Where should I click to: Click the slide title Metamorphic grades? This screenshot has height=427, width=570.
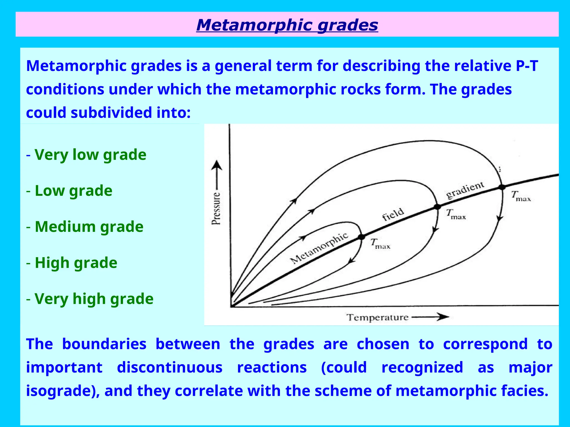click(287, 25)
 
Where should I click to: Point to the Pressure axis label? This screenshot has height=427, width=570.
click(216, 208)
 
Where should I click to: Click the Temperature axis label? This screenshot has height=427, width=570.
click(377, 317)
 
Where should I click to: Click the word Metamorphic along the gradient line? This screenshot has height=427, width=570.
click(319, 248)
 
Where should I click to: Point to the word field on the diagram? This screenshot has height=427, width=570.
click(393, 214)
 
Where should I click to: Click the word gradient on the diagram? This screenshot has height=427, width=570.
click(465, 190)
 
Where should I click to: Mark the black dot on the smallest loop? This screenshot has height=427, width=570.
click(361, 237)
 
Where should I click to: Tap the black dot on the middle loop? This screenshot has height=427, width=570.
click(438, 207)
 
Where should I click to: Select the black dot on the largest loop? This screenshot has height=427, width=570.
click(502, 187)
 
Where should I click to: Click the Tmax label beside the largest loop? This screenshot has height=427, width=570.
click(521, 196)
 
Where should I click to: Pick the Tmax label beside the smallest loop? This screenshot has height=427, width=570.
click(380, 244)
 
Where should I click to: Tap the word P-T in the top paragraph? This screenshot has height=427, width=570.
click(527, 66)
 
